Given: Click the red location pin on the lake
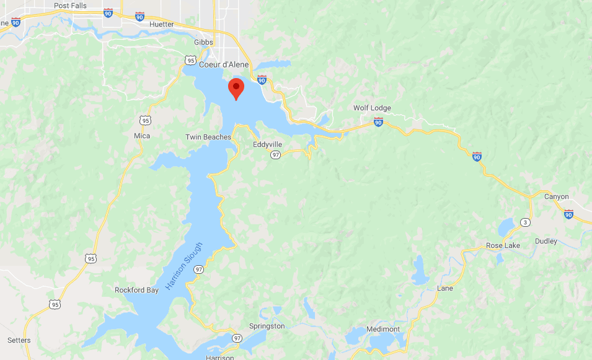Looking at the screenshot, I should coord(236,89).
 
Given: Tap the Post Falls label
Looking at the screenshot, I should coord(70,6).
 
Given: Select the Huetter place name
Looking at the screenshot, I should coord(162,24).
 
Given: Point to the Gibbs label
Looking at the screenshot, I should coord(203,42).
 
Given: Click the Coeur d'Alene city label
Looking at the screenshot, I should coord(224,64).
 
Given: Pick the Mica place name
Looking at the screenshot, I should coord(141,136).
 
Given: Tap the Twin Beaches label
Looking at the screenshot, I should coord(208,137).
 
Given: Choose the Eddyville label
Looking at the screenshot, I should coord(268,144).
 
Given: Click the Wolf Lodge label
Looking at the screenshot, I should coord(372,108).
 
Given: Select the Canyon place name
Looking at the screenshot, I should coord(556,196).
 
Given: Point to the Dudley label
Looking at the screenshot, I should coord(546,241).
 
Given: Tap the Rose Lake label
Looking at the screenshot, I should coord(503,245).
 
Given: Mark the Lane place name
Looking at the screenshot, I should coord(445,288).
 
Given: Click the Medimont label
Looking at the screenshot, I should coord(384,329).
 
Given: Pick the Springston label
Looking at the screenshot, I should coord(267,326).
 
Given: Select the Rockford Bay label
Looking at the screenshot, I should coord(137,290).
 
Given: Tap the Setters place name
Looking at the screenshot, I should coord(19,340).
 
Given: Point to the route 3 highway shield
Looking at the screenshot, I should coord(526,222).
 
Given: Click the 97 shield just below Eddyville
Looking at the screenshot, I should coord(275,155).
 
